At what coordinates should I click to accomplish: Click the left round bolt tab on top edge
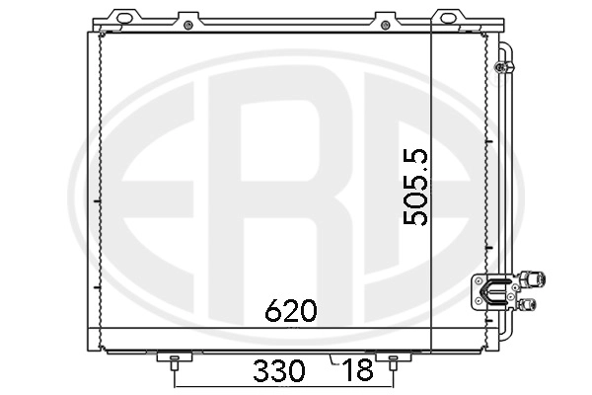187,20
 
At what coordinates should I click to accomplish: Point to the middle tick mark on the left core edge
100,203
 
